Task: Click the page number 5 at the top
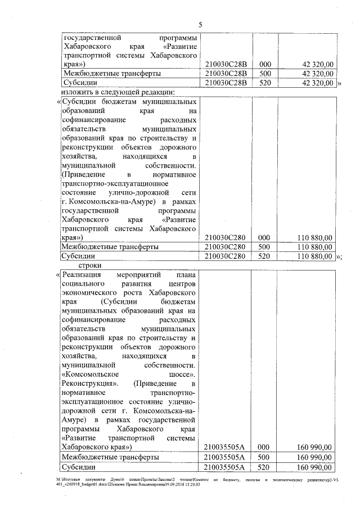click(x=200, y=24)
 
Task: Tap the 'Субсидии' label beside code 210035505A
click(x=79, y=467)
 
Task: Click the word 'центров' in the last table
click(x=179, y=285)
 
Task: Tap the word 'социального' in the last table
click(x=83, y=285)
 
